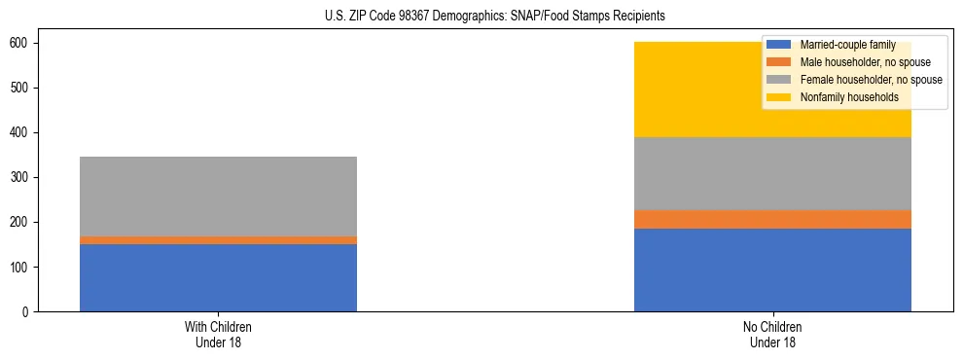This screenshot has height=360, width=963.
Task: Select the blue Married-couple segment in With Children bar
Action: pyautogui.click(x=218, y=277)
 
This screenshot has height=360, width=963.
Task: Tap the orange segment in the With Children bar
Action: pyautogui.click(x=218, y=240)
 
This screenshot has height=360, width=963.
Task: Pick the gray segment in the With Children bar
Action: pyautogui.click(x=218, y=196)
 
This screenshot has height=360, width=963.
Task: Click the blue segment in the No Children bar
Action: pyautogui.click(x=772, y=270)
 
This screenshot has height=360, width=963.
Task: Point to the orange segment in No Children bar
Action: pyautogui.click(x=772, y=219)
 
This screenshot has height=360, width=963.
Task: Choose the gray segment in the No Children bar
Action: pyautogui.click(x=772, y=173)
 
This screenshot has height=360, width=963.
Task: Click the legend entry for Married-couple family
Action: pyautogui.click(x=844, y=45)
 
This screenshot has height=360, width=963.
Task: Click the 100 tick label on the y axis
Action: pyautogui.click(x=21, y=268)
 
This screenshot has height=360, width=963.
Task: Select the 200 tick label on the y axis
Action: pyautogui.click(x=21, y=223)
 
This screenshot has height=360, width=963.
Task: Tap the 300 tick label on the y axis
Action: pyautogui.click(x=21, y=178)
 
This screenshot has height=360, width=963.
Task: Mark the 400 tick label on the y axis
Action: pyautogui.click(x=21, y=133)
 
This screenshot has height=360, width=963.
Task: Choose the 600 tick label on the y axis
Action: pyautogui.click(x=21, y=44)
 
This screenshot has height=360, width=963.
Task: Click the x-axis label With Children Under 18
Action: pyautogui.click(x=218, y=334)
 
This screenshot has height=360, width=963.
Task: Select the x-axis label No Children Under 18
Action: pyautogui.click(x=772, y=334)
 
